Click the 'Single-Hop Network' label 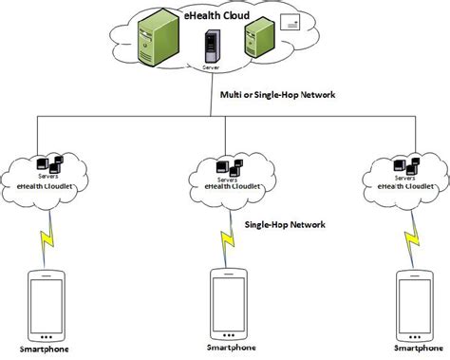pos(285,225)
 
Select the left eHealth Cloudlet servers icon pos(47,163)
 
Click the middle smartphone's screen pos(227,301)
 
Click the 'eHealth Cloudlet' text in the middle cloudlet pos(228,187)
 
